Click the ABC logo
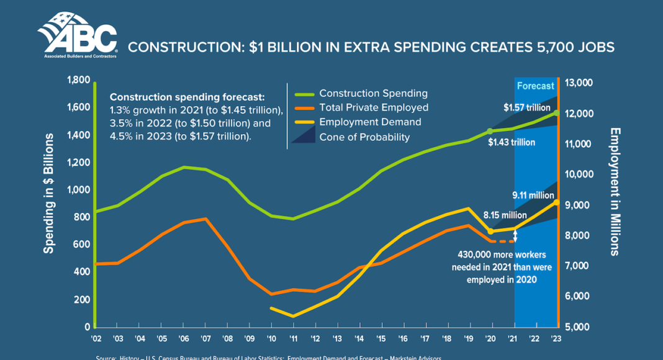tap(76, 35)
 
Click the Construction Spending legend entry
tap(373, 93)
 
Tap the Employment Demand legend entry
tap(370, 122)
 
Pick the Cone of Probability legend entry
tap(364, 137)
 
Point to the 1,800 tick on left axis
tap(78, 80)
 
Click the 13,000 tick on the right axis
tap(579, 83)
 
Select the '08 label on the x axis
tap(228, 338)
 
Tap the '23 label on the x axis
tap(556, 338)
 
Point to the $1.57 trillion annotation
tap(527, 107)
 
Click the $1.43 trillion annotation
tap(511, 143)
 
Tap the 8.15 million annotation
tap(505, 215)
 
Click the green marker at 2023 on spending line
tap(556, 113)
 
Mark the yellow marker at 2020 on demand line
tap(490, 231)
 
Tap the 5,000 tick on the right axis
tap(579, 326)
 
